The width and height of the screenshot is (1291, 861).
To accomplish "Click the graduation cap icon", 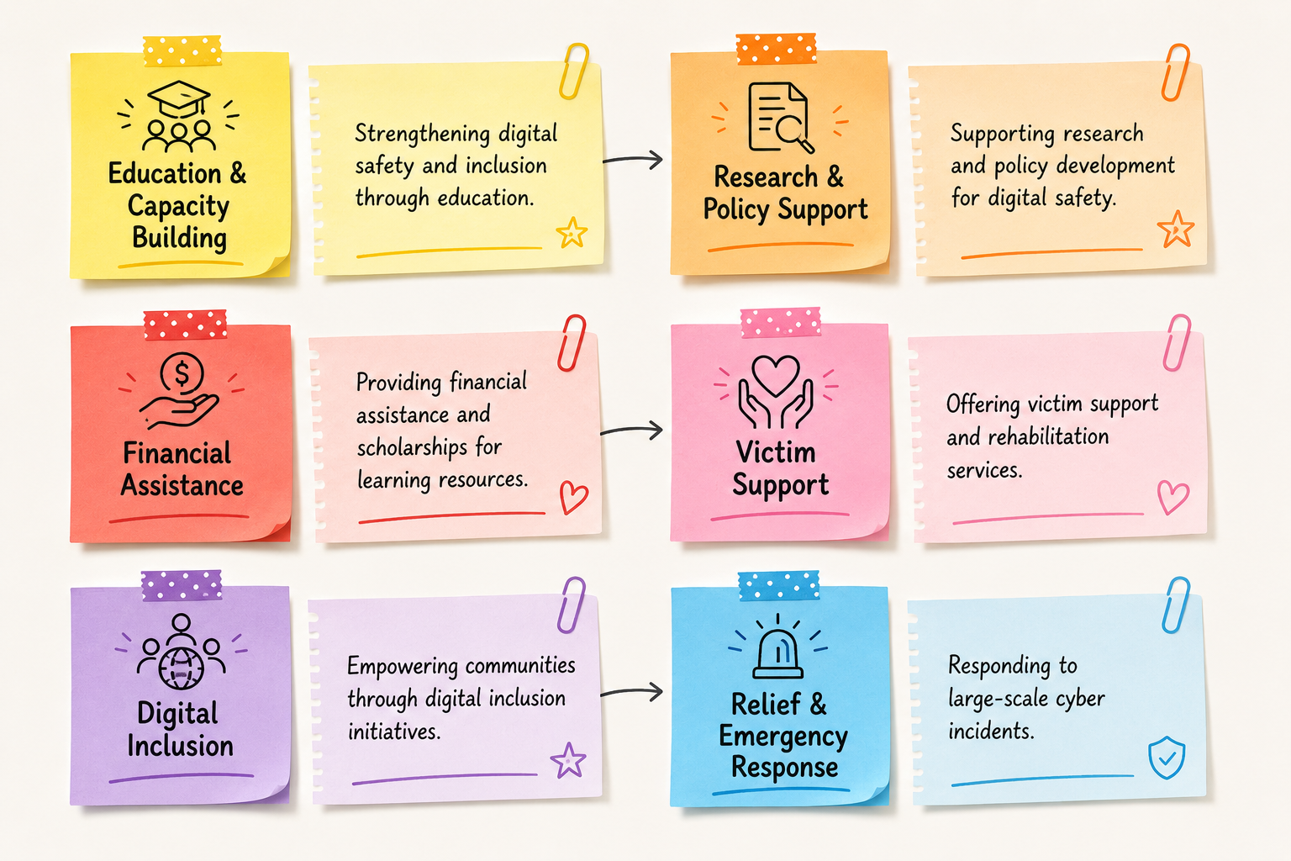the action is [179, 99].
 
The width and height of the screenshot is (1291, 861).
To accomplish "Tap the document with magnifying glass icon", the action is [780, 118].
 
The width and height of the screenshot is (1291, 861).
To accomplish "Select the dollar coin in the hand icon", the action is [182, 372].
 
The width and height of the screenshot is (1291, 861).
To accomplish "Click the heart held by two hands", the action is [776, 374].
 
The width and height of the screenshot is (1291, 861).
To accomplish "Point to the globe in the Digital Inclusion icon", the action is [181, 668].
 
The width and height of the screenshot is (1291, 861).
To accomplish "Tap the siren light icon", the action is [778, 653].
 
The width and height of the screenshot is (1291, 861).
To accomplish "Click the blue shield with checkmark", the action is [1167, 758].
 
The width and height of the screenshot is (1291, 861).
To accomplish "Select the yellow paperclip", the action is [573, 71].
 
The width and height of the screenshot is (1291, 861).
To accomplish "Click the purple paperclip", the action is [571, 605].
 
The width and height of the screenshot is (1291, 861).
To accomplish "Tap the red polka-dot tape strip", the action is [185, 325].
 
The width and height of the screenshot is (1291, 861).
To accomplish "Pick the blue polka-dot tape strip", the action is [778, 585].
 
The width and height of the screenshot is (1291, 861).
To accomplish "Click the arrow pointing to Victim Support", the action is [632, 430].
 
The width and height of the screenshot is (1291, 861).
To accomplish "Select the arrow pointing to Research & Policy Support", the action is [633, 159].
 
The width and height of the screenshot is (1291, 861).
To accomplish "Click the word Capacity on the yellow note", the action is [179, 207].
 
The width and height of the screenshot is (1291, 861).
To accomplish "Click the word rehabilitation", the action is [1048, 436].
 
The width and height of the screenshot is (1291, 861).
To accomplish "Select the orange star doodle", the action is [1175, 229].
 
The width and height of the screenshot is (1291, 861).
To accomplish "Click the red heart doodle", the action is [574, 497].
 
